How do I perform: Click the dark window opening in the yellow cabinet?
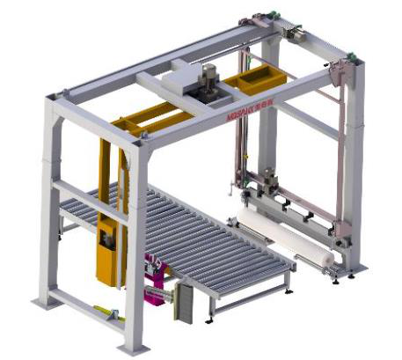[108, 240]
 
